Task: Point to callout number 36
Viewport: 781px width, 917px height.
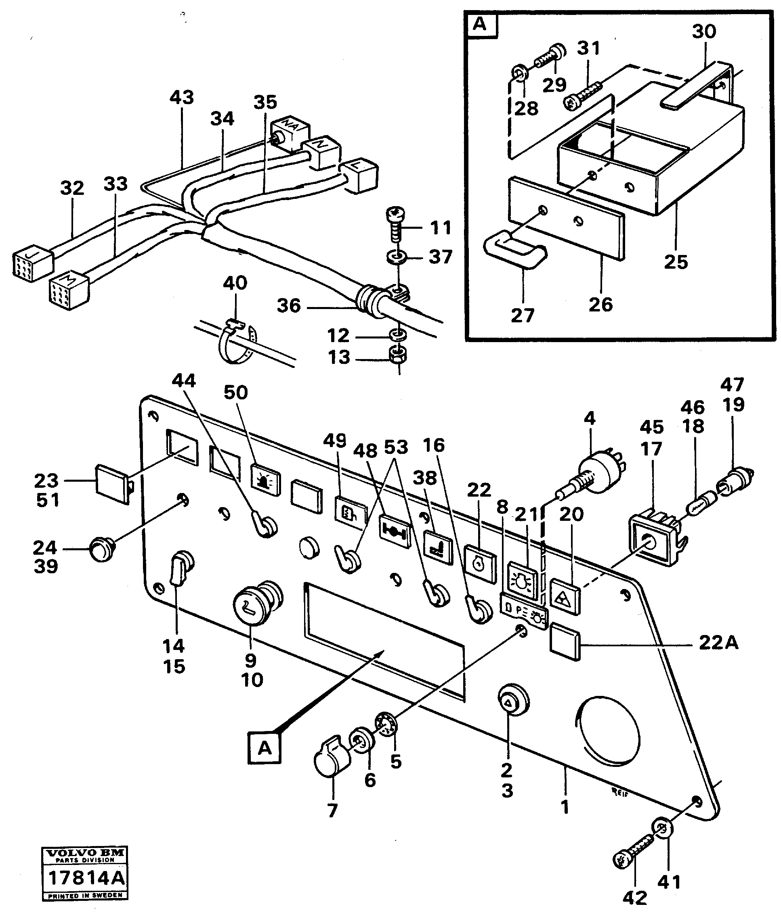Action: pos(289,306)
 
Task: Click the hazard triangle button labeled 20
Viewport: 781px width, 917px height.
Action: pos(565,598)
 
